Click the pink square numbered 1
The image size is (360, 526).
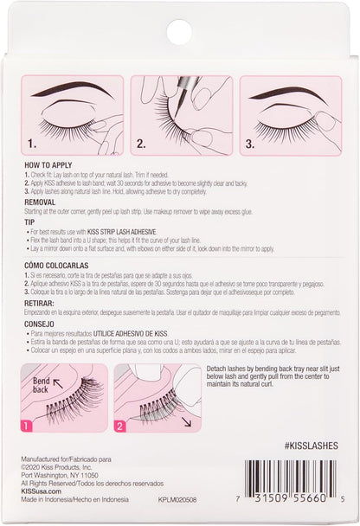point(28,426)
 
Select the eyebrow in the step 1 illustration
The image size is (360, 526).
point(69,92)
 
